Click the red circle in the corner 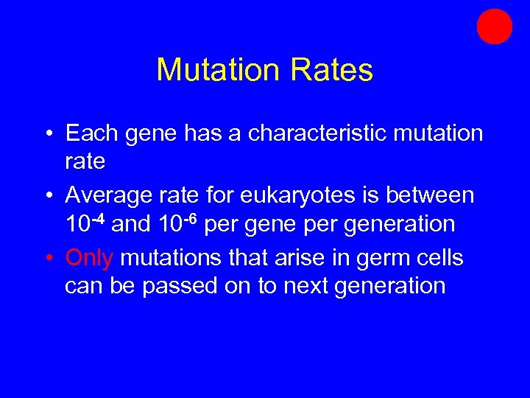tap(494, 27)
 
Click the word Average tap(110, 195)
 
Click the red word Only tap(89, 259)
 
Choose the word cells tap(437, 259)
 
